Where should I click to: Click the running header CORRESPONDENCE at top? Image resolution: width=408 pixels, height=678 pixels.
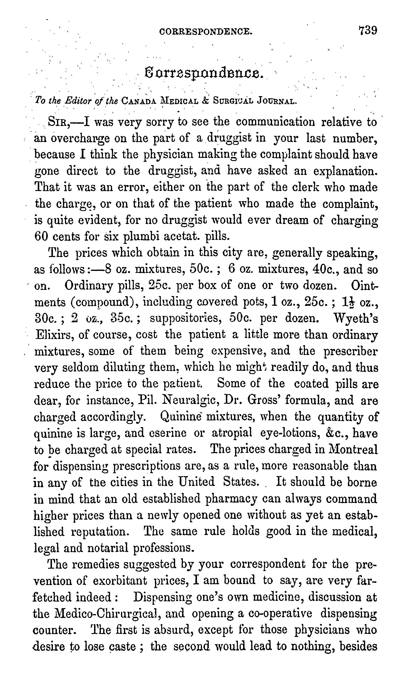pos(206,32)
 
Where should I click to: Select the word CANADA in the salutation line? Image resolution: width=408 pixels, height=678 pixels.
pos(139,101)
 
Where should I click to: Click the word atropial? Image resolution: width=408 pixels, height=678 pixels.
pos(232,433)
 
